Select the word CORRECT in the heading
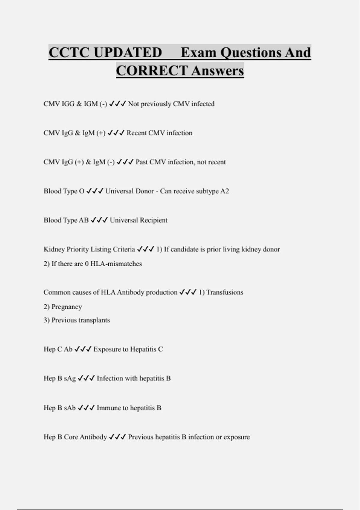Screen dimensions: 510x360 pos(152,71)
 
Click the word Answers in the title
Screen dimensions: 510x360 pos(217,71)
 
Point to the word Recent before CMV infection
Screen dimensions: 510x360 pos(136,133)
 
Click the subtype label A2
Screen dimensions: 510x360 pos(224,191)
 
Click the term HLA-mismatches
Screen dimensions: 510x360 pos(116,264)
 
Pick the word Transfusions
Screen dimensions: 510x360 pos(225,292)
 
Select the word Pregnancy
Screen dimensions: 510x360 pos(67,307)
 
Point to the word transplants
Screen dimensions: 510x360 pos(95,320)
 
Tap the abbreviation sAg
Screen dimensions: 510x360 pos(70,378)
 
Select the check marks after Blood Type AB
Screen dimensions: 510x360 pos(99,220)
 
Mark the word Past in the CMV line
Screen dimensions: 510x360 pos(142,162)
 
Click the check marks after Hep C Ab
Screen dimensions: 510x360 pos(83,349)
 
